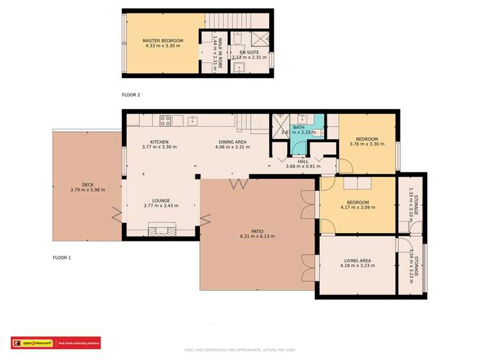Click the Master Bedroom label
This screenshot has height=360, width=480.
pyautogui.click(x=163, y=41)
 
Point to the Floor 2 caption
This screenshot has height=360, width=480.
pyautogui.click(x=131, y=95)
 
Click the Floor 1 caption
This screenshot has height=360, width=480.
pyautogui.click(x=62, y=258)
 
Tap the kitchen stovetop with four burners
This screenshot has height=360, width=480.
pyautogui.click(x=165, y=120)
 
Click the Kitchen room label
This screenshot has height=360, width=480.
pyautogui.click(x=159, y=142)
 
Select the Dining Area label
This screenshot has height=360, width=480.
pyautogui.click(x=232, y=142)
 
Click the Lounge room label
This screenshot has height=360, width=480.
pyautogui.click(x=161, y=200)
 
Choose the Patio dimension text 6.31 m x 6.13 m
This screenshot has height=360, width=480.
pyautogui.click(x=257, y=236)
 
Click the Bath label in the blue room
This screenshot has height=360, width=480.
pyautogui.click(x=299, y=127)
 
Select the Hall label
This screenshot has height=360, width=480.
pyautogui.click(x=303, y=161)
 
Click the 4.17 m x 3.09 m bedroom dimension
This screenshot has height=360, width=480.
pyautogui.click(x=358, y=208)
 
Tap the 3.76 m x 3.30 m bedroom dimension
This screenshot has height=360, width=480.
pyautogui.click(x=367, y=144)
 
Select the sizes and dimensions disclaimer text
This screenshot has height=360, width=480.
pyautogui.click(x=240, y=350)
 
